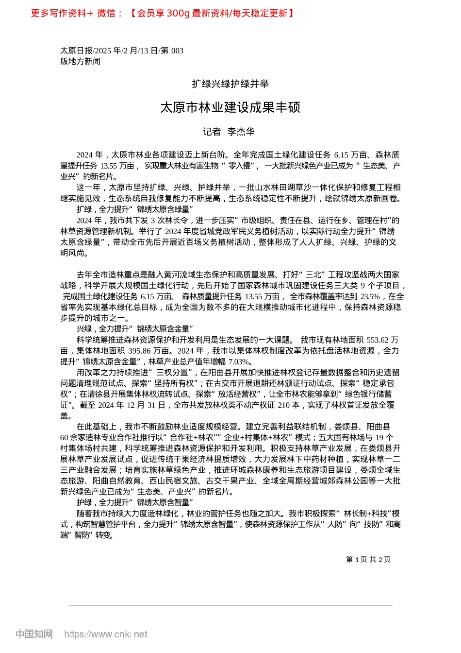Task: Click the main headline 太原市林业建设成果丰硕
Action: (230, 107)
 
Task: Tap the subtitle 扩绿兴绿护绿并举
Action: (230, 84)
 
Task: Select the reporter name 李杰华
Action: (241, 132)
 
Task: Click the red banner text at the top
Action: (163, 13)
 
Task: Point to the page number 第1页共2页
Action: (368, 559)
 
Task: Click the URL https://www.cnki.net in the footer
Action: (106, 634)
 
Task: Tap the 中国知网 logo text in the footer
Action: (34, 634)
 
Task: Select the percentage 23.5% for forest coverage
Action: (370, 296)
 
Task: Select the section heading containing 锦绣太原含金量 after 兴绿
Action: (135, 329)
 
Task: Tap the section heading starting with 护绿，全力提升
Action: (135, 502)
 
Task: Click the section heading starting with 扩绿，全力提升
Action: (135, 209)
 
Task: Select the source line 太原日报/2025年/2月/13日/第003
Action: (122, 51)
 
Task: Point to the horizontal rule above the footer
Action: (230, 605)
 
